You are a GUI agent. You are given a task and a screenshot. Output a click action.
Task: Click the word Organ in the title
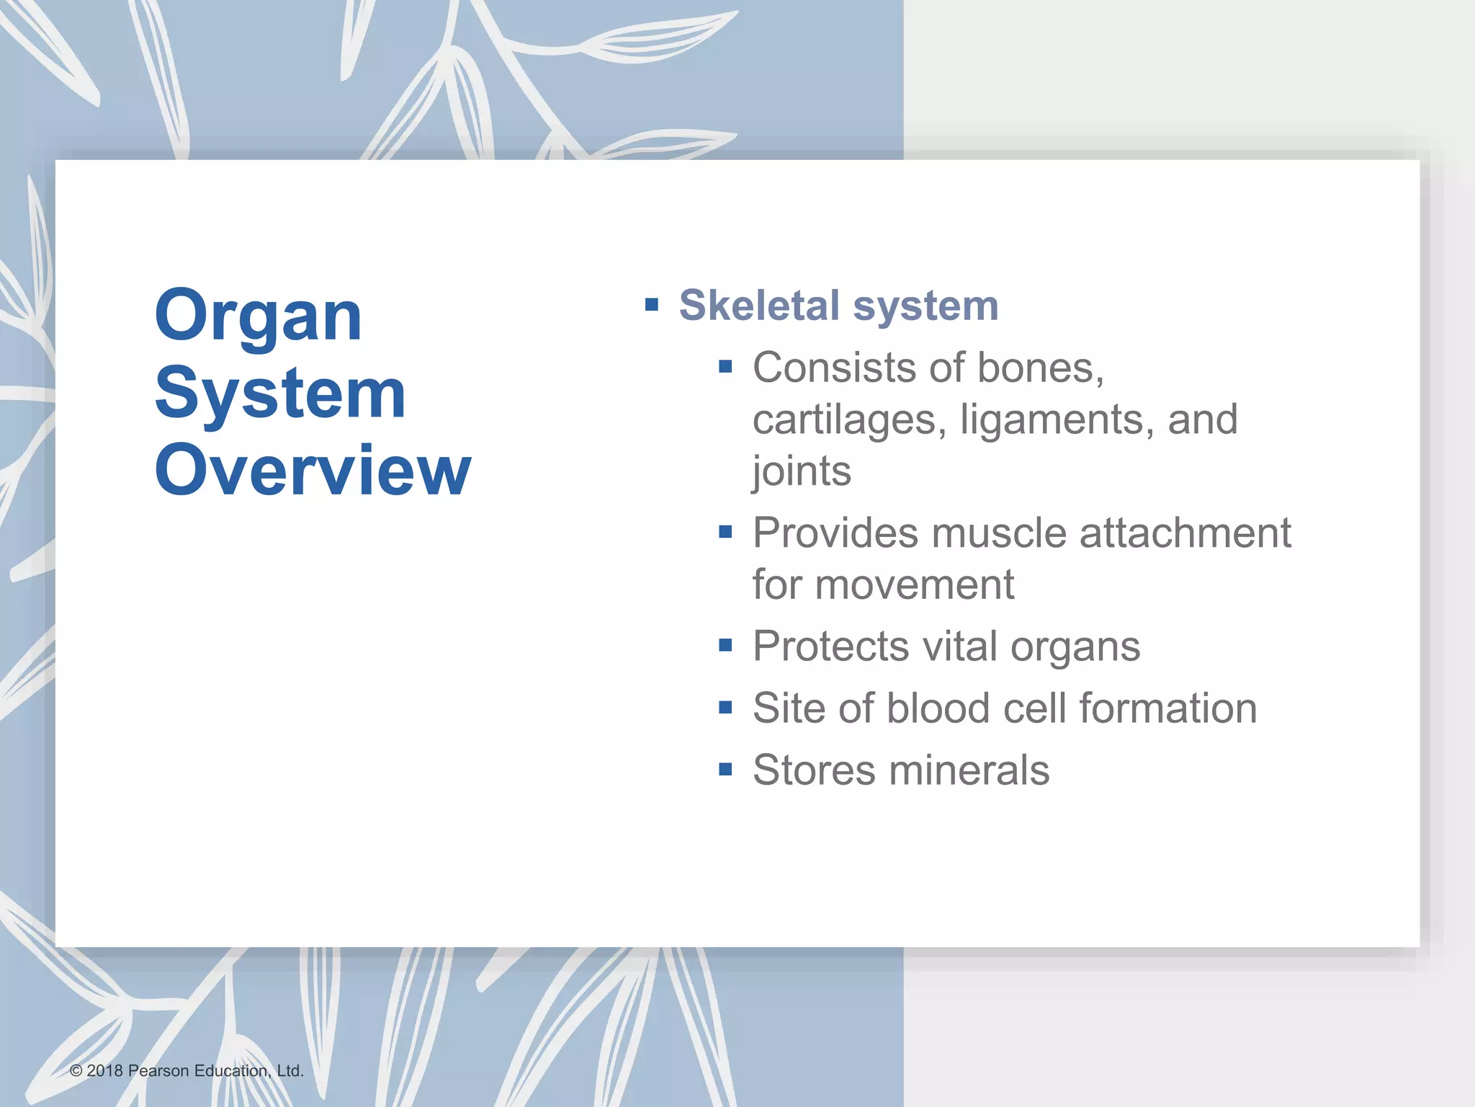tap(258, 317)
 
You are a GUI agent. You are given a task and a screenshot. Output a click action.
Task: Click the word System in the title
tap(280, 394)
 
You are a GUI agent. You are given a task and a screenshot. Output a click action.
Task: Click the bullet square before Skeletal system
tap(652, 304)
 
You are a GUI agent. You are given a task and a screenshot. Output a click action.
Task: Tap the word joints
tap(802, 471)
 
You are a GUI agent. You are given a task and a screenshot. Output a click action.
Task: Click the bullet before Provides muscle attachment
tap(725, 533)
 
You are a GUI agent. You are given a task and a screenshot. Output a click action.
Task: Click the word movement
tap(915, 584)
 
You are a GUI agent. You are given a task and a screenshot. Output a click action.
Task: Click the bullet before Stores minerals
tap(725, 770)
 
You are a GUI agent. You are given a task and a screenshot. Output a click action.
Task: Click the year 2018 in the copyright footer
tap(104, 1071)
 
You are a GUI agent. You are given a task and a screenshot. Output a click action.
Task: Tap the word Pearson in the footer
tap(158, 1071)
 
